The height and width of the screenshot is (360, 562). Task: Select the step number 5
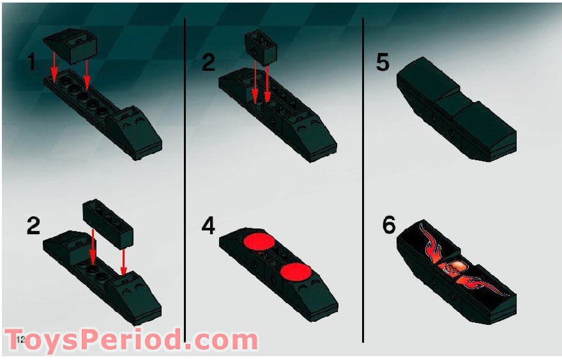(383, 63)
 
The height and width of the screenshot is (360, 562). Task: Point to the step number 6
(389, 226)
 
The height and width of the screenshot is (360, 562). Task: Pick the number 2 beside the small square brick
(208, 63)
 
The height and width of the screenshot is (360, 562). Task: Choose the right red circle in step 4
(294, 271)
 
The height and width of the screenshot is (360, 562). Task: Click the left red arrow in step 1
(54, 67)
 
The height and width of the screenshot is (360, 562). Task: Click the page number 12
(20, 338)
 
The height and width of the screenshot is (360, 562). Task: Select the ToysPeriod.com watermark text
(131, 340)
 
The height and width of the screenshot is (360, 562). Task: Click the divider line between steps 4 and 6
(363, 255)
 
